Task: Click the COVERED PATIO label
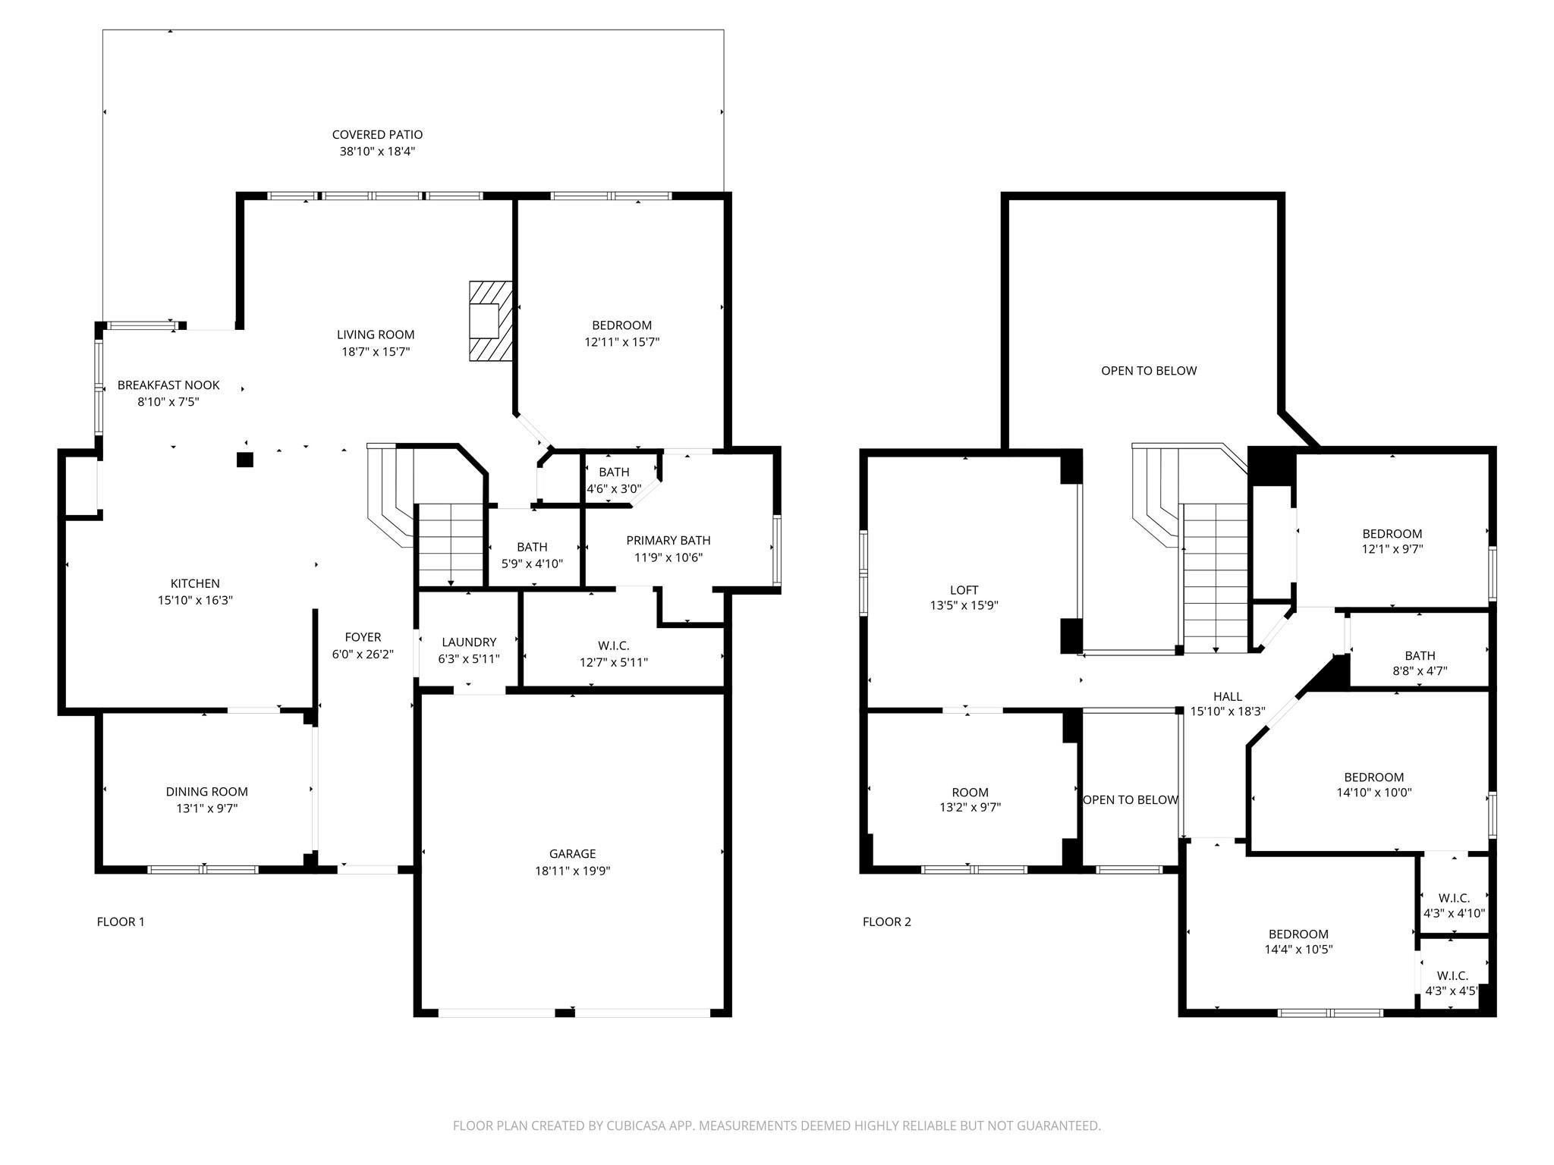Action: coord(377,135)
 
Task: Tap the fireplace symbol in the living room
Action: coord(489,321)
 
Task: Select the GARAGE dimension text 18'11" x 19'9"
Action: coord(572,871)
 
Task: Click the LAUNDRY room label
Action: coord(468,642)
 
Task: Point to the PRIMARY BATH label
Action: coord(668,541)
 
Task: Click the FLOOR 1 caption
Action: coord(121,922)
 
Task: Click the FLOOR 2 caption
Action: coord(886,922)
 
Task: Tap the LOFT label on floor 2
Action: coord(964,590)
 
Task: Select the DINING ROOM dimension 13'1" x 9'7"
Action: coord(207,809)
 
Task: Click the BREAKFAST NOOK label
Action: coord(168,385)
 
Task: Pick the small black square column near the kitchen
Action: coord(244,460)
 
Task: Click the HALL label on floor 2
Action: coord(1227,696)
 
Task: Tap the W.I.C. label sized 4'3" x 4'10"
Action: coord(1453,898)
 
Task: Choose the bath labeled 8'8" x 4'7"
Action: coord(1419,656)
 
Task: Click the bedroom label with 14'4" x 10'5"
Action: coord(1298,934)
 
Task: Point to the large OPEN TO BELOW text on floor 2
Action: coord(1148,371)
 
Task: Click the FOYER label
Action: coord(363,638)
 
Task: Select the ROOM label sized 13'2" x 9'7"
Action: coord(970,793)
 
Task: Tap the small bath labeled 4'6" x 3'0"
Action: coord(613,473)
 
